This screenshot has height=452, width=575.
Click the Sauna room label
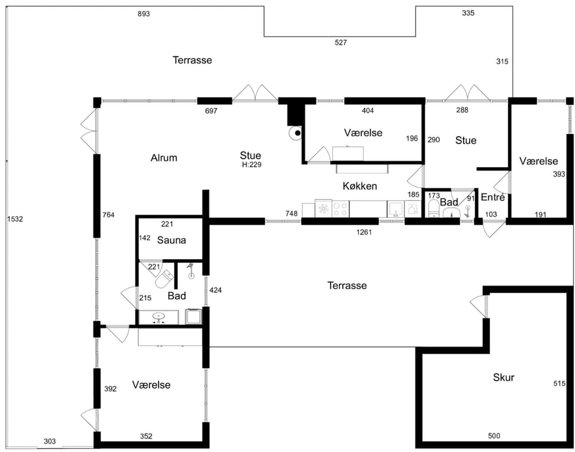pos(171,240)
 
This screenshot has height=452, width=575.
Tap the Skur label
pos(504,377)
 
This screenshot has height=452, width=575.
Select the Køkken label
pos(360,186)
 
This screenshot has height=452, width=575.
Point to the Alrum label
pos(164,157)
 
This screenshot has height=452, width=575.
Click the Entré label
pos(492,197)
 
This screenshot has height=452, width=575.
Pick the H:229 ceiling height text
pos(252,165)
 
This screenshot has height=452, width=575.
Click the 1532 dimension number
pos(15,219)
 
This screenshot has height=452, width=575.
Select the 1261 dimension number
pos(364,232)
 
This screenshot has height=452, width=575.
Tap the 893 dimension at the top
pos(144,14)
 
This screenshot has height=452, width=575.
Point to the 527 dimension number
pos(341,43)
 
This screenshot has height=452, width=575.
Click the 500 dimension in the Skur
pos(494,436)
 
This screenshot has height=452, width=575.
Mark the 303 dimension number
pos(50,441)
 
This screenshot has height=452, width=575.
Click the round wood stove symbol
pos(295,133)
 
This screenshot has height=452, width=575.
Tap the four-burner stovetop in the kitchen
pos(340,209)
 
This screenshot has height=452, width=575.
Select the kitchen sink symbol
pos(396,209)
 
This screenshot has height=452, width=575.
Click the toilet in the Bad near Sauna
pos(164,280)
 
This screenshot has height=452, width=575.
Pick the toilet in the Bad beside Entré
pos(434,208)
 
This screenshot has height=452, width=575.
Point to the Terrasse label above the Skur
pos(347,285)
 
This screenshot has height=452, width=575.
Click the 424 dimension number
pos(215,290)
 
